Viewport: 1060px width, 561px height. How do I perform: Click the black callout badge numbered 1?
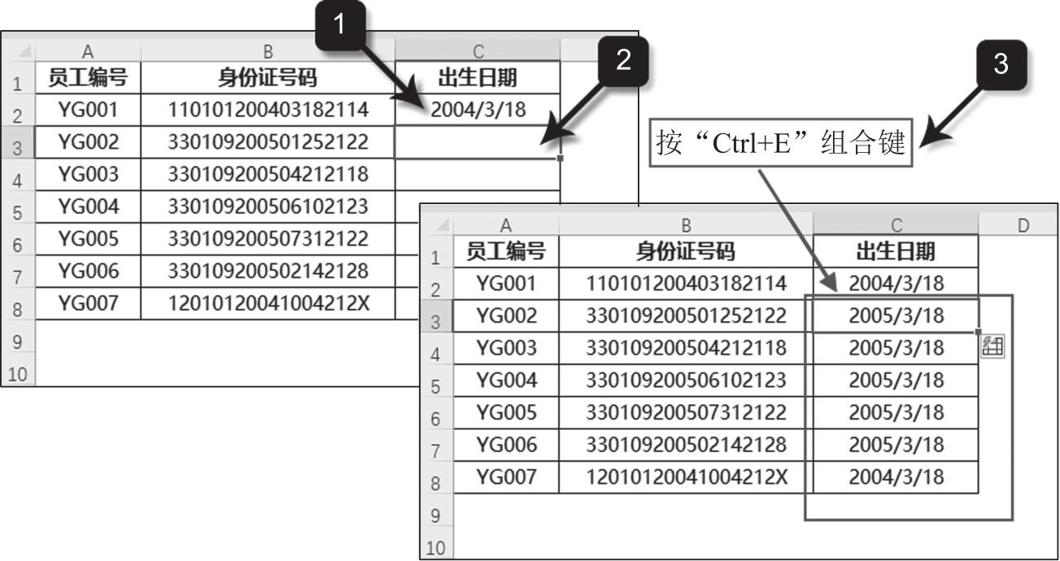coord(340,25)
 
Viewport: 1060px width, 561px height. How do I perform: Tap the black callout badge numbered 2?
coord(623,61)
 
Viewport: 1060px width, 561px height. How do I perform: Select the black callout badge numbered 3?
coord(1001,64)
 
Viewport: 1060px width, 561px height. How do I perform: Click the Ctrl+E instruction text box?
coord(781,142)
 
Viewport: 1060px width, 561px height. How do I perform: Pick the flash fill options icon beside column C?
coord(992,346)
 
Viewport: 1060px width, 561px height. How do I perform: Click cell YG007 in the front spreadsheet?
coord(506,476)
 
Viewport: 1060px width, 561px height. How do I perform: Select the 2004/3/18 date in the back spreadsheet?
coord(478,110)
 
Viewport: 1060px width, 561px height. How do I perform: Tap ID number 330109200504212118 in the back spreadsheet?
coord(268,174)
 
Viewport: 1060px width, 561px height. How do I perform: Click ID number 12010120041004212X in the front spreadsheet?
coord(687,476)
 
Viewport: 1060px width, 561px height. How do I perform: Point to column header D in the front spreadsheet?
coord(1023,226)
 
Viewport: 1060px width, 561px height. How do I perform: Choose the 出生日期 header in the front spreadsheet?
coord(896,251)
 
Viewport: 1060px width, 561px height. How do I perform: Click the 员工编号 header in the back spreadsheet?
coord(88,77)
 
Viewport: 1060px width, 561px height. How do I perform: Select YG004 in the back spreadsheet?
coord(89,207)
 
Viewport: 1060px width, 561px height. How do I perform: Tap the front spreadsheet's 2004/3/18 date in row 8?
coord(896,476)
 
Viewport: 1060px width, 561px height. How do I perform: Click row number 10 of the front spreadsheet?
coord(436,548)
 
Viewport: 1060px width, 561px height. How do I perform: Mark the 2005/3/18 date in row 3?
coord(896,315)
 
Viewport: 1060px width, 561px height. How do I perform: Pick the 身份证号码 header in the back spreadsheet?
coord(268,77)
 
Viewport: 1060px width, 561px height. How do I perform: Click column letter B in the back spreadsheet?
coord(268,51)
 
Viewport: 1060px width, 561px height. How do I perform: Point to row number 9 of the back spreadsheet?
coord(18,342)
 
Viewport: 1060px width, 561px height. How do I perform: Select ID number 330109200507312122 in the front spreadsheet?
coord(686,412)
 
